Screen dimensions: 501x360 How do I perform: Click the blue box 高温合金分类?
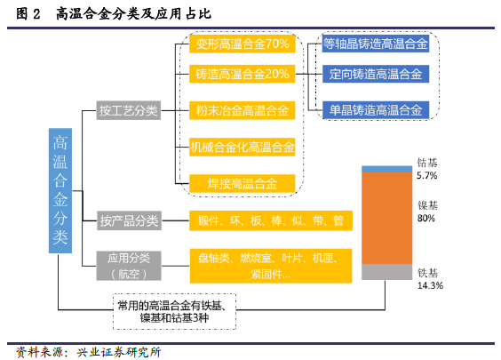60,190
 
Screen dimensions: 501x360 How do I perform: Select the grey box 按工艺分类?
129,110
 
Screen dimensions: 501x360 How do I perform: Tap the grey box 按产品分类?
129,220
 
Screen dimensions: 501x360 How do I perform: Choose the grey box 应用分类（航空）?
129,266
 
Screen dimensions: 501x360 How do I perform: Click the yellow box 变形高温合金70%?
243,44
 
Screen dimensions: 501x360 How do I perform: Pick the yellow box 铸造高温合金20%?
243,74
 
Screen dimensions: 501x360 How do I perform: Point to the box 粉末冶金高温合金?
243,110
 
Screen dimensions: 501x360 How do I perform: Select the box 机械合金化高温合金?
243,147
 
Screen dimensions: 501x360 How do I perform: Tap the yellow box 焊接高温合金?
243,183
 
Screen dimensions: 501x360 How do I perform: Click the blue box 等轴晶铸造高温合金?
376,44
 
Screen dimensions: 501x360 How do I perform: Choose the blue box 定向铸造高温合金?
376,74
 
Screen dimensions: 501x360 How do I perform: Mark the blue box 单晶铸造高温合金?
376,110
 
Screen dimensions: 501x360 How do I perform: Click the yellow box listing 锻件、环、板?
271,220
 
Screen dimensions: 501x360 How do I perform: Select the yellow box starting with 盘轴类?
271,266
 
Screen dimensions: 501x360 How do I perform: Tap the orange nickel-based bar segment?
387,219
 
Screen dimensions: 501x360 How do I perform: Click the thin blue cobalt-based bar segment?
387,169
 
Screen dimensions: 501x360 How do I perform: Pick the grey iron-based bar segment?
387,272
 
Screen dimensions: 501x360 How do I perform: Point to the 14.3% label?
430,285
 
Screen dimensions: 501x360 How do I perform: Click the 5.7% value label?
427,175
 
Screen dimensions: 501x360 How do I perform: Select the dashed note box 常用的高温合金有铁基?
174,311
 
